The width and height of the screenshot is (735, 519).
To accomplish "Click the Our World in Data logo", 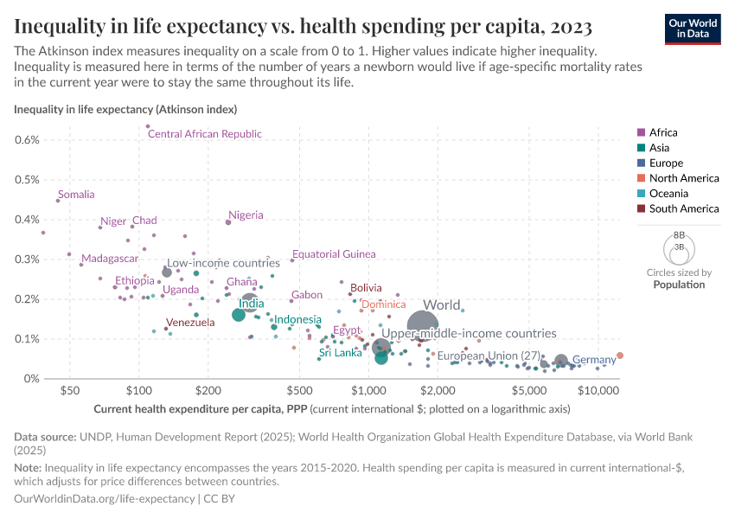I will tap(693, 28).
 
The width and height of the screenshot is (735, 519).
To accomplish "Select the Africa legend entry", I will tap(663, 132).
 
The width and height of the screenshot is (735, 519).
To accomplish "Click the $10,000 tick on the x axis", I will tap(598, 391).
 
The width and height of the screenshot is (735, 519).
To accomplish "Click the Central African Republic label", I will tap(205, 134).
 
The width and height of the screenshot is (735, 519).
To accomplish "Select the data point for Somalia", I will tap(58, 200).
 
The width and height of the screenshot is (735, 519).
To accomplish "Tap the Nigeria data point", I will tap(228, 222).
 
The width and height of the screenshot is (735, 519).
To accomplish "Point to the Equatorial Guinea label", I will tap(334, 254).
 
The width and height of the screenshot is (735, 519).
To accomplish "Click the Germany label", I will tap(594, 360).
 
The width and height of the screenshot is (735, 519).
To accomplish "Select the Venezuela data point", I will tap(166, 329).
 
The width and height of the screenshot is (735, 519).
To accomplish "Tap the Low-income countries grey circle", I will tap(167, 272).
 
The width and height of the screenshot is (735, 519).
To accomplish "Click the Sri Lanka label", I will tap(340, 353).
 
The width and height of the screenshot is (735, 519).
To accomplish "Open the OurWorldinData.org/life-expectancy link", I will tap(105, 499).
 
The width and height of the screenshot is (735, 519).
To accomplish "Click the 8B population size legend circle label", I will tap(679, 234).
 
